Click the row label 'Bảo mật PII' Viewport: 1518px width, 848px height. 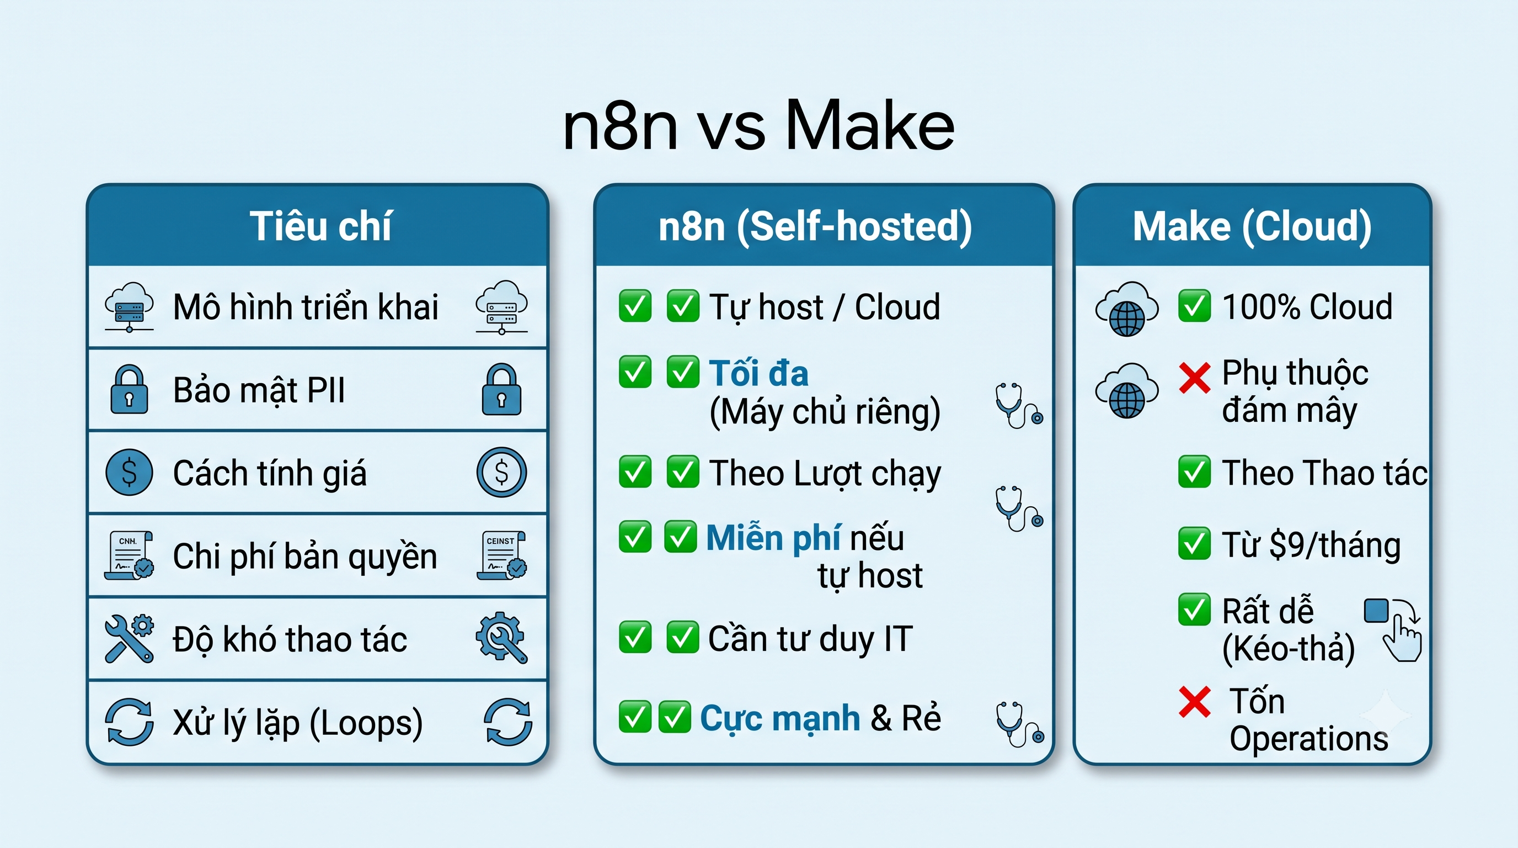point(259,390)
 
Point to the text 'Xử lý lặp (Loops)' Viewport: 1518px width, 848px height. point(298,724)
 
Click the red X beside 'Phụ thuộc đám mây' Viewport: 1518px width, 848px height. point(1194,378)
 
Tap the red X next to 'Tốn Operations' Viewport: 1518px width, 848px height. point(1194,702)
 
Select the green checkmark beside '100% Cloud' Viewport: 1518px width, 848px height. point(1194,305)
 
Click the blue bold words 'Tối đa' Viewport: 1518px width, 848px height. point(759,373)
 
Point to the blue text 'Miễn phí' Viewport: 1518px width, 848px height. point(774,538)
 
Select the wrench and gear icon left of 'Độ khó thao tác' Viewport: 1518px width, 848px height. point(129,639)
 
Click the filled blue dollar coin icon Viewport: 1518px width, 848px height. point(129,472)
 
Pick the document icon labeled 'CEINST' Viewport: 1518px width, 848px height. point(501,555)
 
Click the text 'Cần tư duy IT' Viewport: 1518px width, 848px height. point(810,639)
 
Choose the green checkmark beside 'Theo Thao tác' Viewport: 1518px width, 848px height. point(1194,472)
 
